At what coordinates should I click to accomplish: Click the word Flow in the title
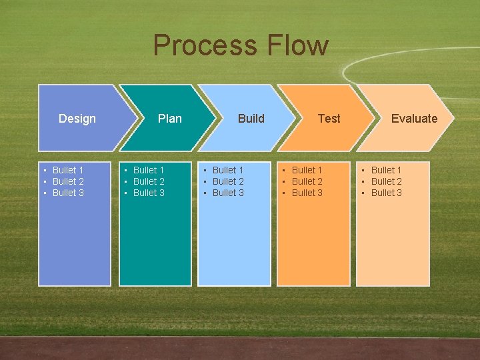coord(298,45)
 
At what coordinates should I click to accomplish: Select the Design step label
coord(77,119)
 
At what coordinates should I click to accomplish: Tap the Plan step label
coord(169,119)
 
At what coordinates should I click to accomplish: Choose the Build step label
coord(251,119)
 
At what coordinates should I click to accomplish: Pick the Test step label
coord(329,119)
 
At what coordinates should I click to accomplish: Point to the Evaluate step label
coord(414,119)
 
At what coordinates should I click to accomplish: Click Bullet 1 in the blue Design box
coord(68,171)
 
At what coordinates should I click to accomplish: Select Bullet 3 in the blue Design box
coord(68,193)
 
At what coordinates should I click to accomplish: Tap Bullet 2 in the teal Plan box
coord(149,182)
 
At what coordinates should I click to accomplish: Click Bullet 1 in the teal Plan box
coord(149,171)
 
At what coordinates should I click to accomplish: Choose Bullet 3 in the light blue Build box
coord(228,193)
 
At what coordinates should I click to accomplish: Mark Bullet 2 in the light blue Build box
coord(228,182)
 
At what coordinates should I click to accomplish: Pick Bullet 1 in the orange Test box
coord(307,171)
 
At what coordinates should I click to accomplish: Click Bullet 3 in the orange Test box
coord(307,193)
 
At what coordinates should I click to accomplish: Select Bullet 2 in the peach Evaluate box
coord(386,182)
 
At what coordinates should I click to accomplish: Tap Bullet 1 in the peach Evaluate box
coord(386,171)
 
